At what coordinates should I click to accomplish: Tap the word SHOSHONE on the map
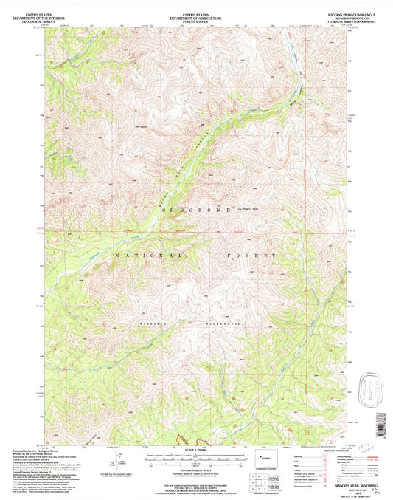(195, 209)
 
